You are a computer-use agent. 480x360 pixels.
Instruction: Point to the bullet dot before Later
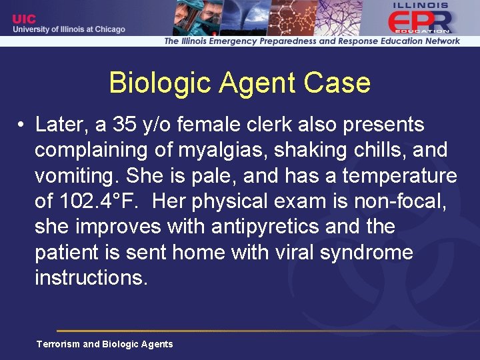[22, 125]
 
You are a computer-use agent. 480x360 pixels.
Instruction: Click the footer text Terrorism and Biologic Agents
[105, 344]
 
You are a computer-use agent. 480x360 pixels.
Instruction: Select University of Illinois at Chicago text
[69, 29]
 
